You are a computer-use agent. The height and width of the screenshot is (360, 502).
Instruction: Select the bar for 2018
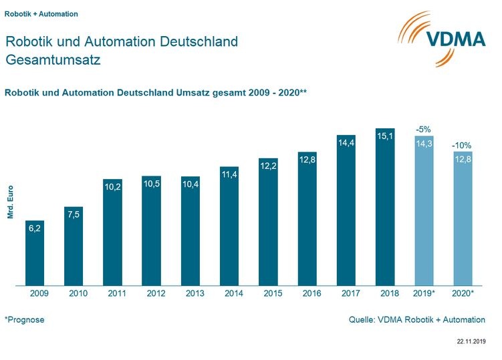pyautogui.click(x=386, y=207)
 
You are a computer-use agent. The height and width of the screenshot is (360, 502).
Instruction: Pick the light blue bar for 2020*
pyautogui.click(x=463, y=220)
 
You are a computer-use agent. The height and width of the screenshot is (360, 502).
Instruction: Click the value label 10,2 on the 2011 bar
pyautogui.click(x=112, y=188)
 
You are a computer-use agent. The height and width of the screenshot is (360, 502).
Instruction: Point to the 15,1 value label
pyautogui.click(x=386, y=136)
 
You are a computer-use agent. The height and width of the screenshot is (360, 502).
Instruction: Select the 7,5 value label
pyautogui.click(x=74, y=214)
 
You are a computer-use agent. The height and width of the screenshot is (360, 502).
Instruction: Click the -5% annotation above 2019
pyautogui.click(x=424, y=128)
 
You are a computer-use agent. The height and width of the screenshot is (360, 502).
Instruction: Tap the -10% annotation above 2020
pyautogui.click(x=462, y=144)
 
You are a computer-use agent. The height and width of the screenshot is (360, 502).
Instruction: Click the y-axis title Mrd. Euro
pyautogui.click(x=11, y=202)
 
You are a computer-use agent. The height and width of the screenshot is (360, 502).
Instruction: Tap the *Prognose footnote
pyautogui.click(x=25, y=320)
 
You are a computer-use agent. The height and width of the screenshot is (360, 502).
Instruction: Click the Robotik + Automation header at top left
pyautogui.click(x=41, y=13)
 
